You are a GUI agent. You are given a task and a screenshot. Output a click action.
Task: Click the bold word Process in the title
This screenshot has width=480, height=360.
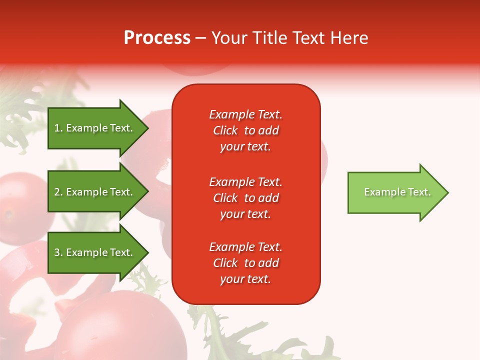[157, 38]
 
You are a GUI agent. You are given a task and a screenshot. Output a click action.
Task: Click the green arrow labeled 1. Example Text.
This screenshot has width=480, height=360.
[95, 128]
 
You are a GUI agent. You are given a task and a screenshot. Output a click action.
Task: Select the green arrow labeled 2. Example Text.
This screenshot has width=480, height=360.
[95, 192]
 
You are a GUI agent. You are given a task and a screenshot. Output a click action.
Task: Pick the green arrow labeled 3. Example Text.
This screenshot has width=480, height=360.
[95, 252]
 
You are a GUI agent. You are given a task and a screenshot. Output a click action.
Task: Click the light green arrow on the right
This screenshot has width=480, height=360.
[395, 192]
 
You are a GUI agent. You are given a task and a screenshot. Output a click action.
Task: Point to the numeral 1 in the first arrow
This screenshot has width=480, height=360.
[57, 128]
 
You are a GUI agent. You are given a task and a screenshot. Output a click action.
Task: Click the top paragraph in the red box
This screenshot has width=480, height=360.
[245, 130]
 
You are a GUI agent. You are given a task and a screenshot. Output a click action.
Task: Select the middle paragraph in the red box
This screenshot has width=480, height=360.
[245, 198]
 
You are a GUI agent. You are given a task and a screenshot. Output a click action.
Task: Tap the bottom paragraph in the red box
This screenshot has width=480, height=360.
[245, 263]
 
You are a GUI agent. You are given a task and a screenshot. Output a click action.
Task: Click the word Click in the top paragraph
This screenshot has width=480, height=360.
[225, 130]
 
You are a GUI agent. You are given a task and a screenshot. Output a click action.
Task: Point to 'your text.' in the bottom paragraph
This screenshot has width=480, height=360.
[245, 279]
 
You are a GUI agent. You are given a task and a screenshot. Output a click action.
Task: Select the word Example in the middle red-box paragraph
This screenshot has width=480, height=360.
[231, 182]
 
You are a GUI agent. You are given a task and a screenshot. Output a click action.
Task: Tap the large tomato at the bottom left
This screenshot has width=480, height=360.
[120, 327]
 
